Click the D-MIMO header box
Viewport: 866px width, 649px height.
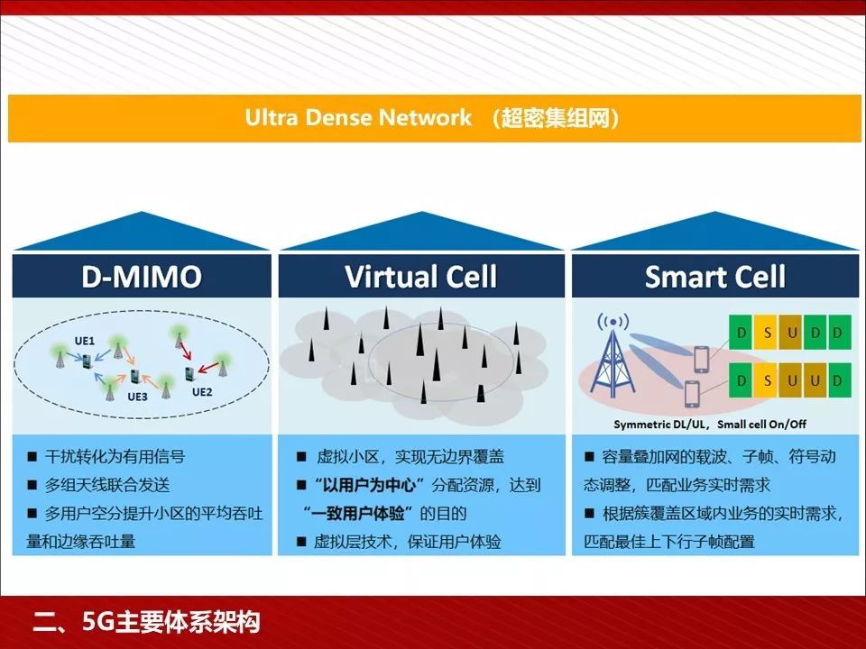142,277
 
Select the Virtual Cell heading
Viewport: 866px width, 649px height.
421,277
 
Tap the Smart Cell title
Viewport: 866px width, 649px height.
715,277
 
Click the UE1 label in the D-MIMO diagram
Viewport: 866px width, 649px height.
85,342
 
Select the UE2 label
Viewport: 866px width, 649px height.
201,392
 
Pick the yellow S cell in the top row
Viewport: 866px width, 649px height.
767,333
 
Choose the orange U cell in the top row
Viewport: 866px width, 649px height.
792,333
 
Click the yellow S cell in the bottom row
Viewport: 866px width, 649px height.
767,380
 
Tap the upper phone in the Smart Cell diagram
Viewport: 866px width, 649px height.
701,359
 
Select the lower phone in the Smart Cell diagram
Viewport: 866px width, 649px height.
692,394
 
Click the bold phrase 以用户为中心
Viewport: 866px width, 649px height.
370,485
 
